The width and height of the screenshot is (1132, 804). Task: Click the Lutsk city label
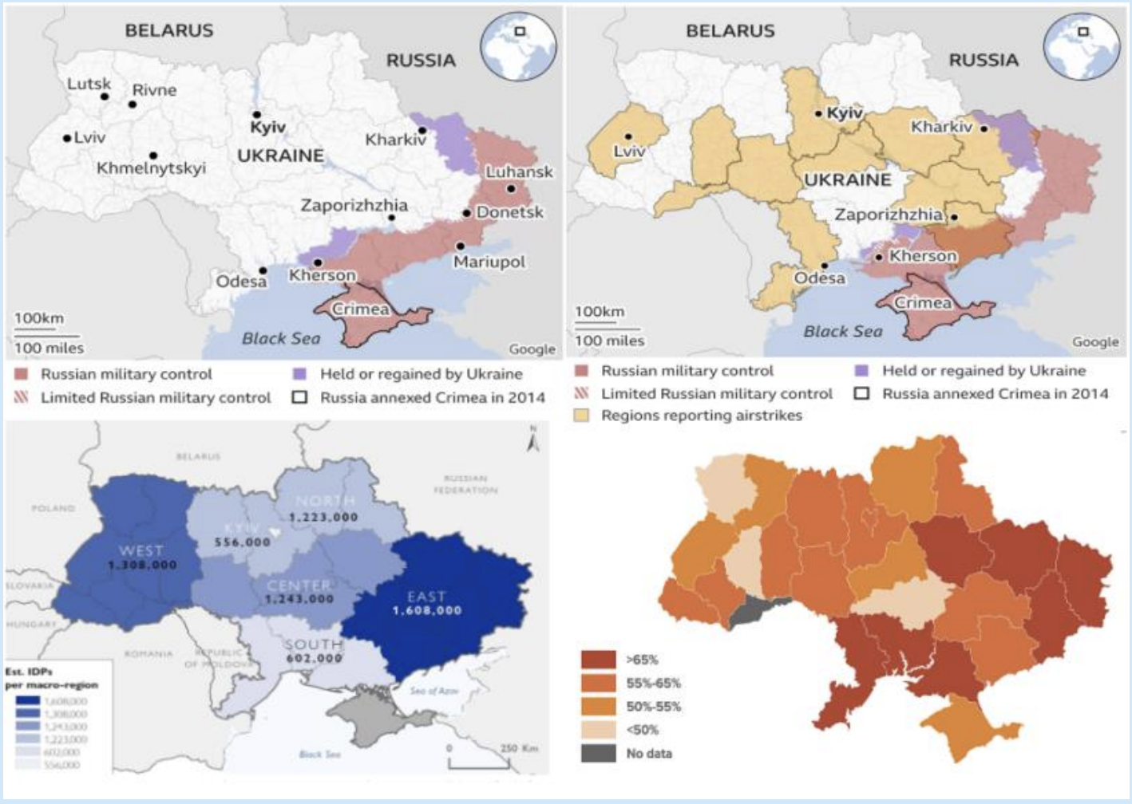[89, 84]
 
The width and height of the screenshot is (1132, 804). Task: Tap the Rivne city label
[154, 90]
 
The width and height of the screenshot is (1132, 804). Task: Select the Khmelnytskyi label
[151, 168]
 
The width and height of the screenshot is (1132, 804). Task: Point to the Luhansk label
[519, 171]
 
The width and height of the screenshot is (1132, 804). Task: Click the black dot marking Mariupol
[461, 246]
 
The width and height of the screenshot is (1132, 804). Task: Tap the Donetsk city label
[509, 212]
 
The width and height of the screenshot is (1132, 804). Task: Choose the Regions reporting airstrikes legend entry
[701, 416]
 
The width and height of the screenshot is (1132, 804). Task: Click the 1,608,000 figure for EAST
[426, 610]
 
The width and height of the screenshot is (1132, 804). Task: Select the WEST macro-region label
[141, 550]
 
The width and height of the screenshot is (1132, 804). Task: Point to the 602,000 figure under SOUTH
[314, 658]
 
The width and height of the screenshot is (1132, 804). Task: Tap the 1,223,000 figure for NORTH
[323, 517]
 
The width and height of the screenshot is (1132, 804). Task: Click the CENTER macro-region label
[299, 585]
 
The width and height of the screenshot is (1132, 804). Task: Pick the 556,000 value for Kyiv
[243, 542]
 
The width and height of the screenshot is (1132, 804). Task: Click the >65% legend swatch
[598, 660]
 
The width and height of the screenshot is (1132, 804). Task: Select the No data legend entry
[648, 753]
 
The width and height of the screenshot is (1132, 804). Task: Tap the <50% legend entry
[642, 730]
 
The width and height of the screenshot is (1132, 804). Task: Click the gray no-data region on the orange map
[758, 610]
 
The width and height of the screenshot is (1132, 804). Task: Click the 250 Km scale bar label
[519, 748]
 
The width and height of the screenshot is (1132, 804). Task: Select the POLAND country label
[53, 508]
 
